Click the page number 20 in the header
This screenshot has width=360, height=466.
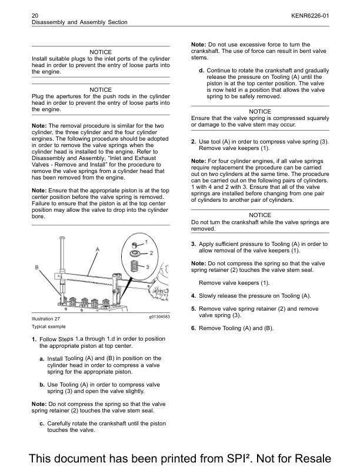click(35, 14)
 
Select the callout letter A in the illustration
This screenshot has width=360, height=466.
click(98, 249)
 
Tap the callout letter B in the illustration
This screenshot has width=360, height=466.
click(37, 268)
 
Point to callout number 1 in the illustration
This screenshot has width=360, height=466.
click(146, 242)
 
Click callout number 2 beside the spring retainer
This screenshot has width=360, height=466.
click(150, 253)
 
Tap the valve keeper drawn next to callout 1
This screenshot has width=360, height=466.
click(134, 244)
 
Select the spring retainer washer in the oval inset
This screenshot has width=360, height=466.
click(135, 254)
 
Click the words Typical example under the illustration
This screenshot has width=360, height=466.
click(48, 326)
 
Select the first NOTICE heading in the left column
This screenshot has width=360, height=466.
click(101, 52)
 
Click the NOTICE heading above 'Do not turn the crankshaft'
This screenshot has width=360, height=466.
click(260, 215)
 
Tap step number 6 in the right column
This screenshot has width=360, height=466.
click(193, 328)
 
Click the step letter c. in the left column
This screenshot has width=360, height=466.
click(42, 424)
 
